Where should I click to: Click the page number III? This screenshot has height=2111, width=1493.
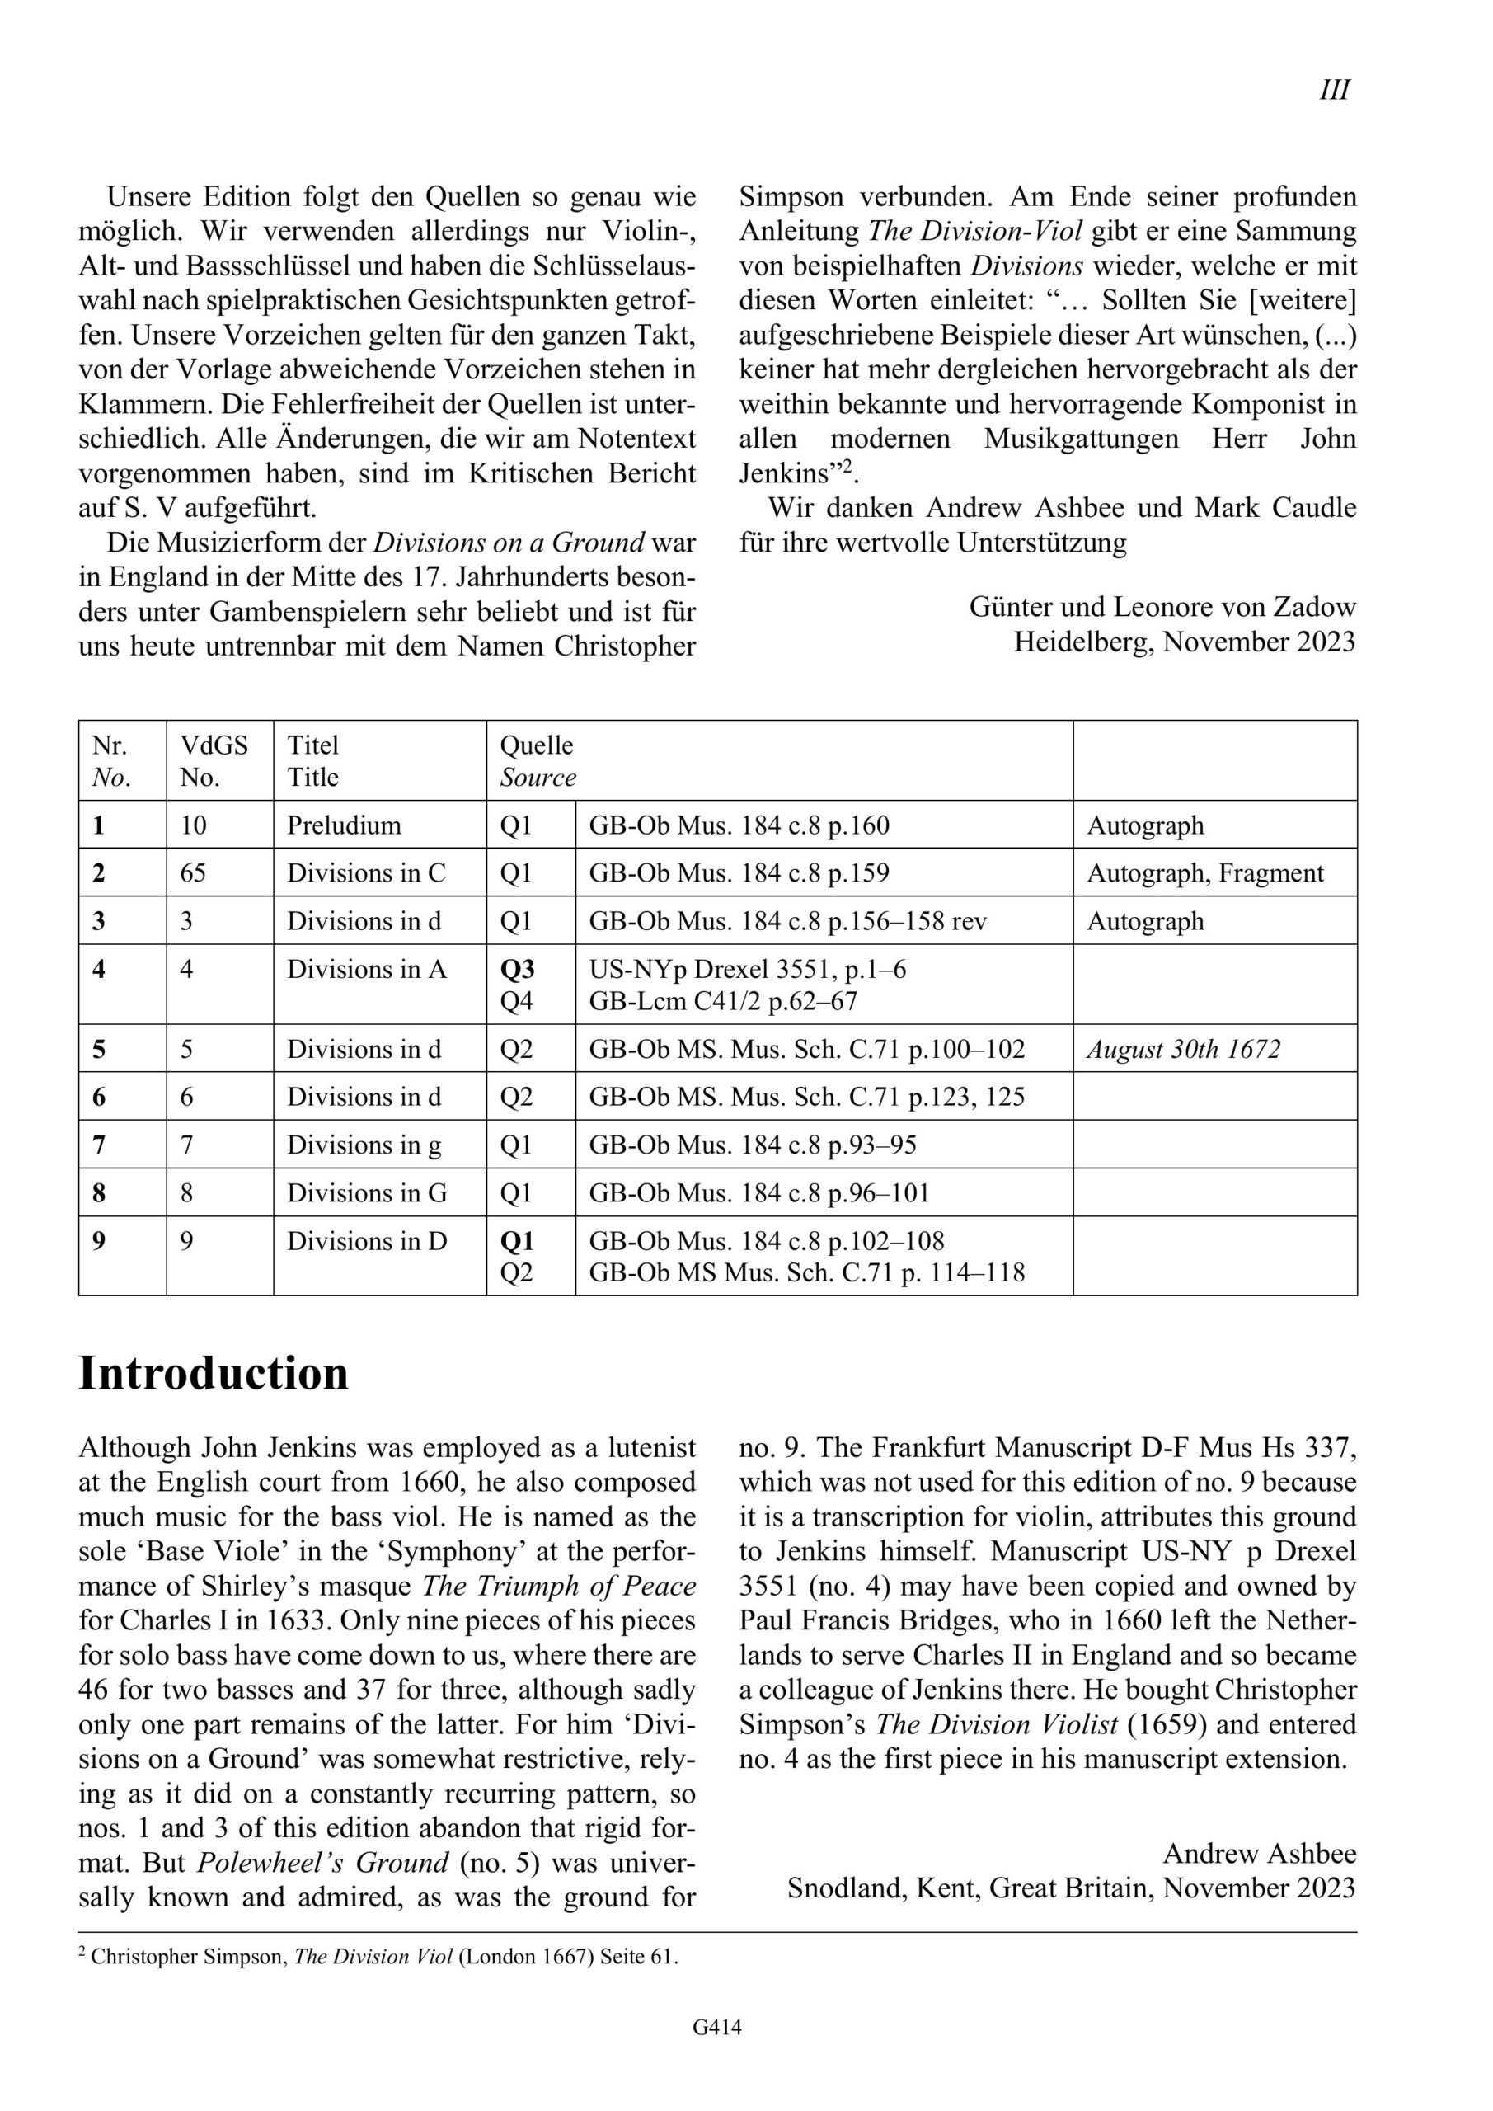coord(1334,90)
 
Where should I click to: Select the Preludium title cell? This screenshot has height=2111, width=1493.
coord(344,825)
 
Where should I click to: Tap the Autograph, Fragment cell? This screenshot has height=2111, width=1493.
coord(1205,873)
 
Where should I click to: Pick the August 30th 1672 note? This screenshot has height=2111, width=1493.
coord(1183,1049)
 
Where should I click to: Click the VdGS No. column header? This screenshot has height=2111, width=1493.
coord(214,760)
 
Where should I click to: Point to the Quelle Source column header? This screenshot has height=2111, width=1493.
coord(537,760)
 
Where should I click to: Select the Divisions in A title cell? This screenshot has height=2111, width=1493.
coord(367,969)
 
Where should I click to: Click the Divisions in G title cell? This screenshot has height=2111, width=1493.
coord(367,1193)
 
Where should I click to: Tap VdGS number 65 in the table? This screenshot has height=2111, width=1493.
coord(193,873)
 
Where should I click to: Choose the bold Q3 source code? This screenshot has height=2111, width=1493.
coord(517,969)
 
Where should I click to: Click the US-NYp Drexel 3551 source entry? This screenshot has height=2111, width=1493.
coord(748,969)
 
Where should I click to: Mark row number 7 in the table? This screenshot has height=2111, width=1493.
coord(98,1145)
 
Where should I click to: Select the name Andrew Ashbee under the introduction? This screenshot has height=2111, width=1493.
coord(1260,1854)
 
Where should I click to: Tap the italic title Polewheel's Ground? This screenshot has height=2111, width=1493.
coord(322,1864)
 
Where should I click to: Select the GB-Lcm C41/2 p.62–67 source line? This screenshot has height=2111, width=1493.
coord(724,1001)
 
